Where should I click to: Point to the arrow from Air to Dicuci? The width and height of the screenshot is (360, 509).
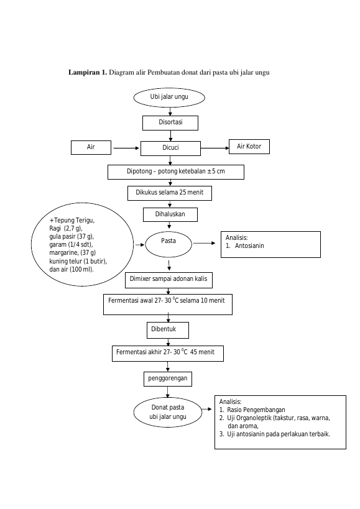click(x=126, y=149)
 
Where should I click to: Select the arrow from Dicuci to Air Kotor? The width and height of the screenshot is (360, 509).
click(x=215, y=149)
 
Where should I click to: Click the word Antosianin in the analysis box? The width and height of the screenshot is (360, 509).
click(x=249, y=245)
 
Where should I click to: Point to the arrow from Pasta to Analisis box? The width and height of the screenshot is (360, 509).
click(x=204, y=243)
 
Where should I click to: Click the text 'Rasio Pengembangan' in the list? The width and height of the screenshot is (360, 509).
click(x=256, y=410)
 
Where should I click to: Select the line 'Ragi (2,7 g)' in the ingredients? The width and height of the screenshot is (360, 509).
click(x=66, y=228)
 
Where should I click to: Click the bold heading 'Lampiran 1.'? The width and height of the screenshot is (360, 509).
click(x=87, y=72)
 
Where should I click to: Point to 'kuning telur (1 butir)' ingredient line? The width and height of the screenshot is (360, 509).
click(x=78, y=261)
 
